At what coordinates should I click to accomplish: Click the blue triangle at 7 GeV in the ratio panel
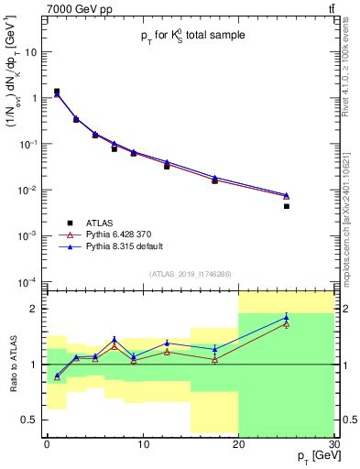tap(114, 340)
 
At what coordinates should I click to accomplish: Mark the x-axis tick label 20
tap(238, 443)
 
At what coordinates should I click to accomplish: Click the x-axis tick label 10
tap(142, 443)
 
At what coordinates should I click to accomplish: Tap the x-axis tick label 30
tap(333, 443)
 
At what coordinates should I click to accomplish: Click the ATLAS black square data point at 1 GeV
tap(56, 92)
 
